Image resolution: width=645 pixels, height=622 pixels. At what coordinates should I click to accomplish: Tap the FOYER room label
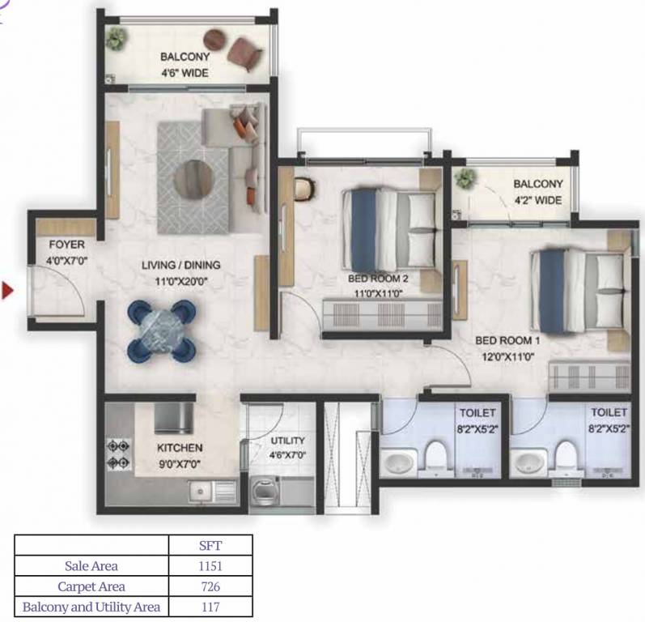65,244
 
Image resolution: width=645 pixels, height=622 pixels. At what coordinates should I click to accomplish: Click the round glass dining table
162,329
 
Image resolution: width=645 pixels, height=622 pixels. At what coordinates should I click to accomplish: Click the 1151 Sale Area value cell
210,566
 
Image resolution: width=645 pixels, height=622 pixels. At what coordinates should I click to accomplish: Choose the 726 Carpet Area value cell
210,586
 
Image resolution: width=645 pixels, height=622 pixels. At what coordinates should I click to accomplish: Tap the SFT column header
210,545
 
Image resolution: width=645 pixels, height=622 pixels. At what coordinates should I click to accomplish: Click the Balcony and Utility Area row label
91,607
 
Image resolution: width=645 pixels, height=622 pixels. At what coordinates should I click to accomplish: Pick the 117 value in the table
210,607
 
